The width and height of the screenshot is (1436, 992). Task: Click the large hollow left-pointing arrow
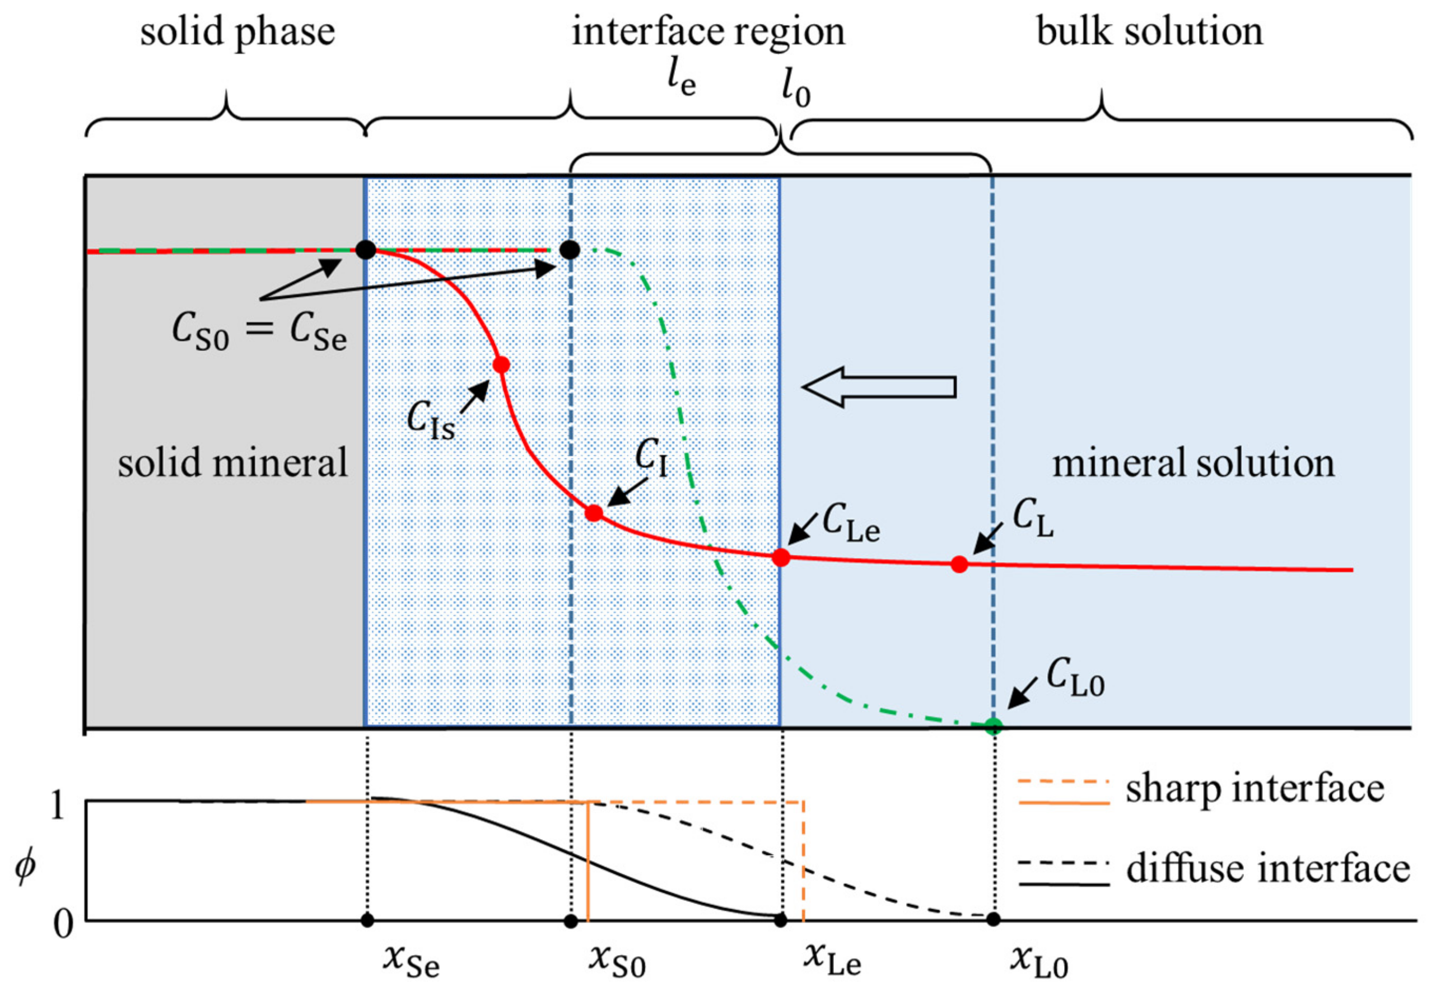pos(878,387)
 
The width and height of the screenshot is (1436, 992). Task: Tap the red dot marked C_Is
pos(501,365)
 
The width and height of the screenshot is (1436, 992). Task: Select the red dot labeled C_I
pos(594,513)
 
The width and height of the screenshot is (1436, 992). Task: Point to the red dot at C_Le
pos(781,558)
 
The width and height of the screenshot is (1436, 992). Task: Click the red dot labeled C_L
pos(959,564)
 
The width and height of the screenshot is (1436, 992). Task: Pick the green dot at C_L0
pos(994,726)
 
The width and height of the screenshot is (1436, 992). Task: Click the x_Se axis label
pos(411,960)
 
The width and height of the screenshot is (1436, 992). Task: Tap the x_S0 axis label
pos(617,960)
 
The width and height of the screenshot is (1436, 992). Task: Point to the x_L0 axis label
pos(1039,960)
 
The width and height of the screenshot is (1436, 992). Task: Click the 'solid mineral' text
pos(232,464)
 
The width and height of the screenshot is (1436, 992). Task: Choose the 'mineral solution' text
pos(1193,464)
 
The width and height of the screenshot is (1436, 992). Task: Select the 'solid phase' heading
pos(237,32)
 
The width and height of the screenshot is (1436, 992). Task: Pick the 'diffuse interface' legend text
pos(1268,869)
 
